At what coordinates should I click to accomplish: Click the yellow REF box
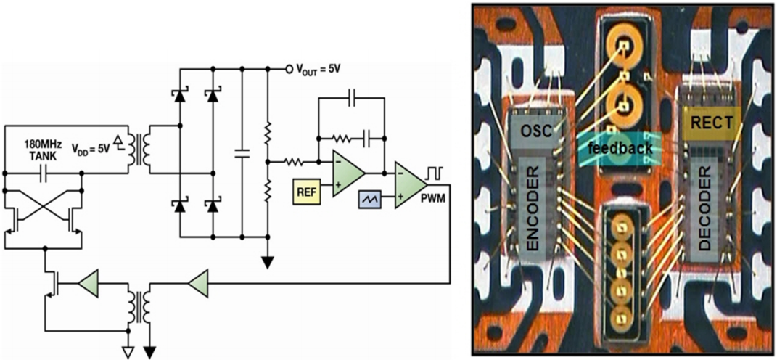[x=307, y=191]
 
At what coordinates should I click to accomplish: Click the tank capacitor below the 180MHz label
[x=43, y=173]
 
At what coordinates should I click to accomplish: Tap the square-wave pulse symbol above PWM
[x=435, y=173]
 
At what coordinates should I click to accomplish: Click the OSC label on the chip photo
[x=533, y=131]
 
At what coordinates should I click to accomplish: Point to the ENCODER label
[x=533, y=209]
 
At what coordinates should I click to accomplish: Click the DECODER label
[x=705, y=208]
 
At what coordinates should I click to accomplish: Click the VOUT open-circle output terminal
[x=289, y=69]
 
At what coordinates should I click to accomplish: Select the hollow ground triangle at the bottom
[x=128, y=352]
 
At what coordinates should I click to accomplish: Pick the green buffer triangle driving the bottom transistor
[x=89, y=284]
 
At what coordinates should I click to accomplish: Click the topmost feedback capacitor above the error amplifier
[x=351, y=98]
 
